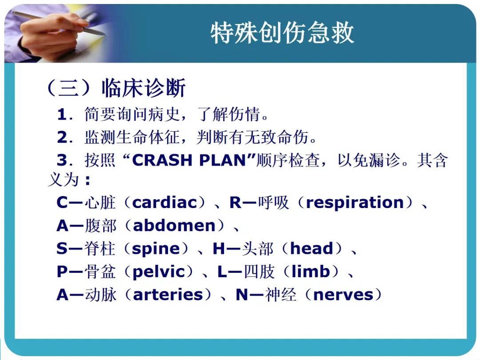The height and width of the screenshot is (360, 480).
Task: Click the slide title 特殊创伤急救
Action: (282, 33)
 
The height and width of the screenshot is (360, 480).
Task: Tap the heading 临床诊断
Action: (144, 88)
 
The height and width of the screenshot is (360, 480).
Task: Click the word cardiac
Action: (165, 202)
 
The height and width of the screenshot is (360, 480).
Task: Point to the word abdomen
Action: (174, 226)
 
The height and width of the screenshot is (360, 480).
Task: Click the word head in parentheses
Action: (311, 248)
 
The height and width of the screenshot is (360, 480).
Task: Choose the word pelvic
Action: (159, 272)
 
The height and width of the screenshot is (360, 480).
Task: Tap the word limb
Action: (311, 271)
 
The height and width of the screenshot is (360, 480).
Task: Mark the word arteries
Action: (168, 295)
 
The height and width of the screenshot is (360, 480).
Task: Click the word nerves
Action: (344, 295)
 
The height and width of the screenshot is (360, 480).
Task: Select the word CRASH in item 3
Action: (162, 160)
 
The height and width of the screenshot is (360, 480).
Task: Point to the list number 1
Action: (61, 115)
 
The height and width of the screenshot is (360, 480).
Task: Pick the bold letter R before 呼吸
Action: (236, 202)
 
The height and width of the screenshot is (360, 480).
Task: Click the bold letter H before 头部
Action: (219, 248)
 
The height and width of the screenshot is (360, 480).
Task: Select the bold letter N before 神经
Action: (242, 295)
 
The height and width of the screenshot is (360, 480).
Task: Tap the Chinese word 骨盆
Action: (100, 272)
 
